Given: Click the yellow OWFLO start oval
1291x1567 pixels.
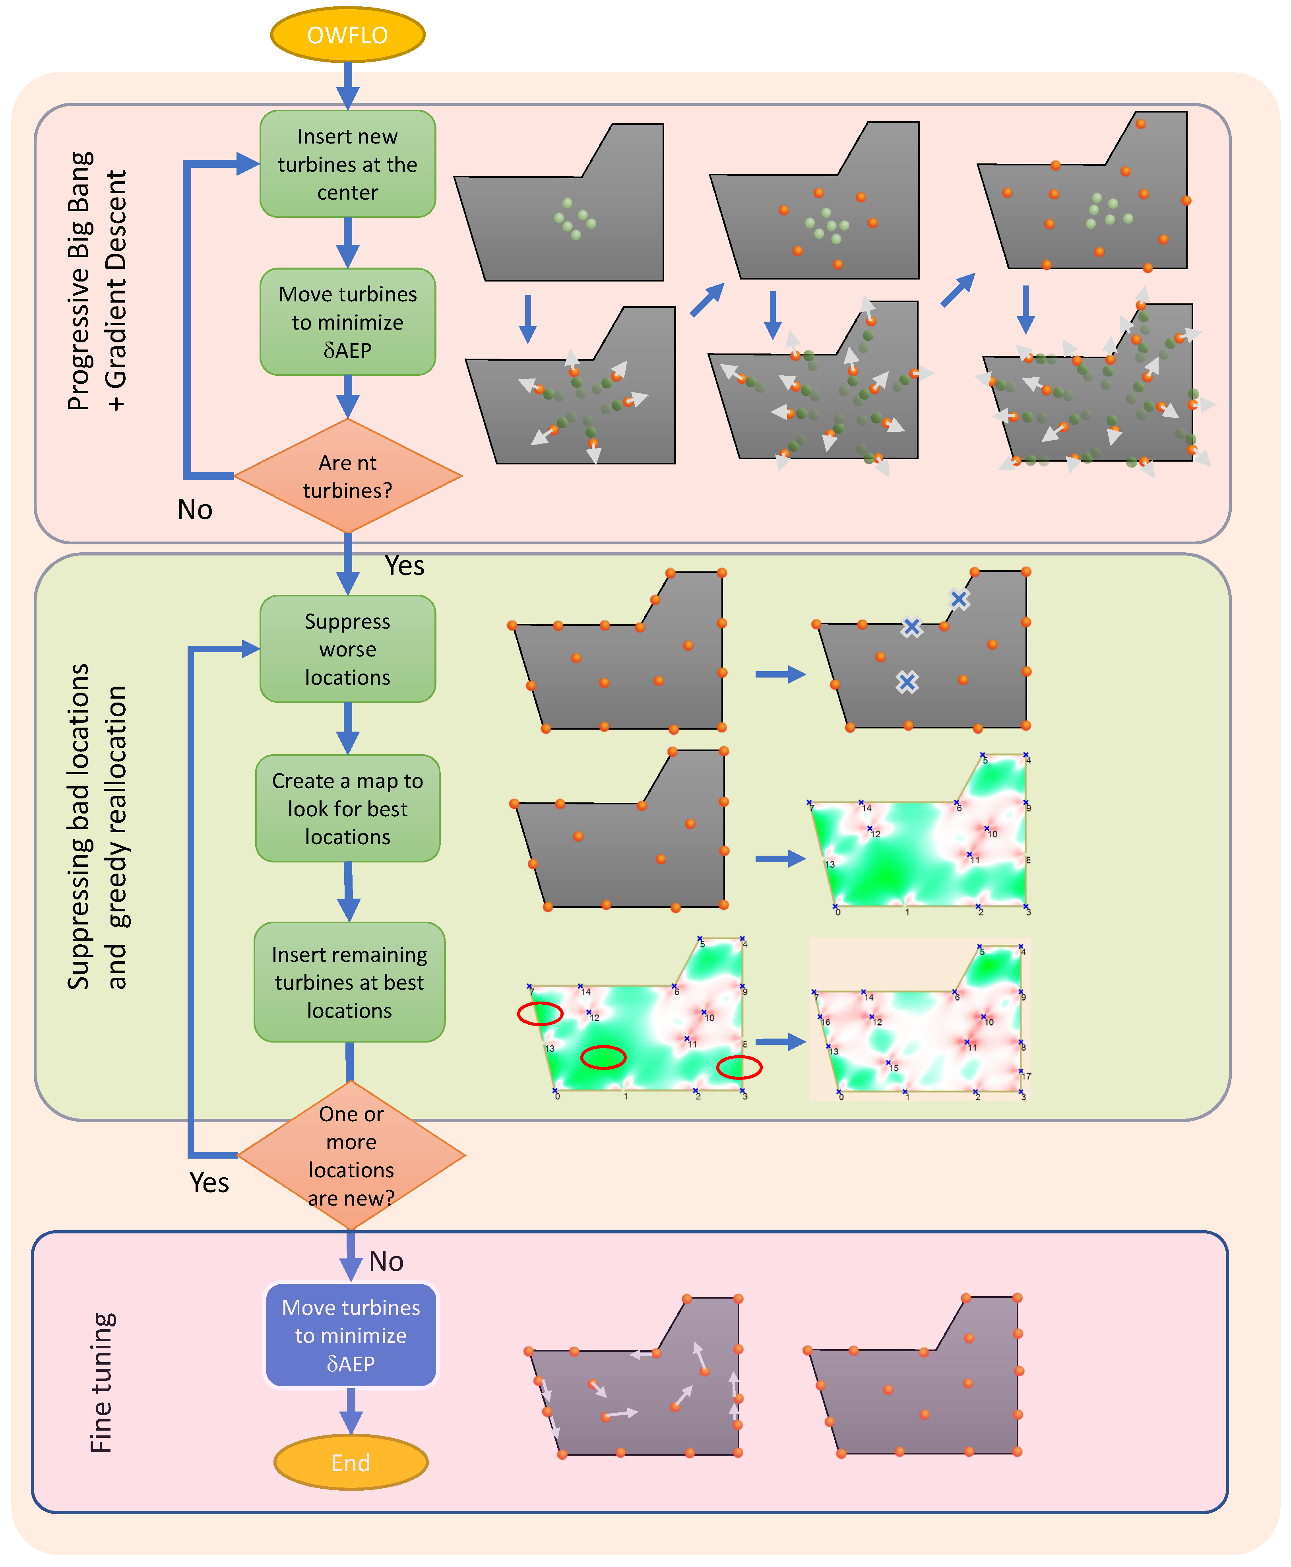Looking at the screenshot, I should [x=347, y=35].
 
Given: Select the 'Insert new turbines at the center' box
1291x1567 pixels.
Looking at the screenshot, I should [x=347, y=164].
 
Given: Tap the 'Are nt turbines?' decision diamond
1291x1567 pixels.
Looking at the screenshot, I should [x=347, y=476].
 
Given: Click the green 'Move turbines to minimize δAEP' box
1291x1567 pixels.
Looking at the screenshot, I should [x=347, y=322].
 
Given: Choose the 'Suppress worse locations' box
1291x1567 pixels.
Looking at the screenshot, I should [x=347, y=649].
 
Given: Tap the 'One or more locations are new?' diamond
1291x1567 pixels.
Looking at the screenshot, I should [x=351, y=1155].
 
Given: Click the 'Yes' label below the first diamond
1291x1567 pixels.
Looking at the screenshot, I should [x=405, y=566].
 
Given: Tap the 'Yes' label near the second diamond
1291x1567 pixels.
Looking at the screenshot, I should [x=209, y=1183].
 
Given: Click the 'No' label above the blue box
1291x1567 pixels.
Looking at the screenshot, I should [x=386, y=1261].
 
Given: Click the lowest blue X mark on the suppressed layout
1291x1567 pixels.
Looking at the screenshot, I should [x=907, y=682].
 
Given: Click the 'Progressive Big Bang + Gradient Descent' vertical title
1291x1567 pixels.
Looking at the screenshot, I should [x=97, y=281].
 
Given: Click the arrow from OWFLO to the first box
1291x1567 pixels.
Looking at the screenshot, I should [x=347, y=85].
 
